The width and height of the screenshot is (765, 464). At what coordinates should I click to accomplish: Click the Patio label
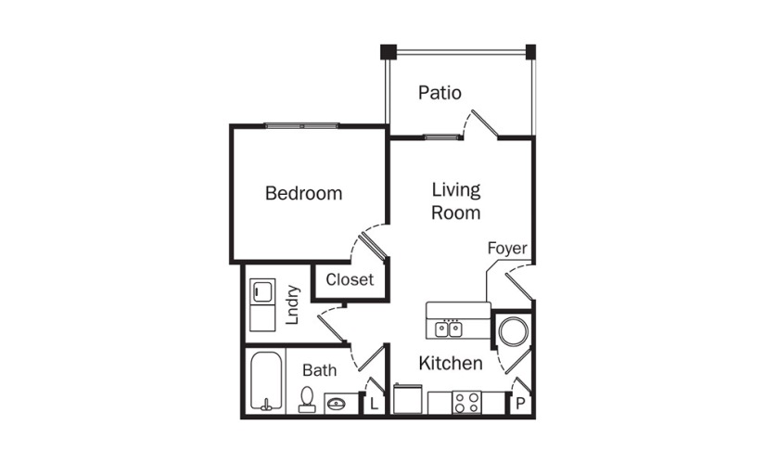pos(440,92)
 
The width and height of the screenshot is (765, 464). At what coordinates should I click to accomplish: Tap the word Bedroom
pos(303,193)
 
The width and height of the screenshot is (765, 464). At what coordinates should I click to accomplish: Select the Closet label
pos(350,279)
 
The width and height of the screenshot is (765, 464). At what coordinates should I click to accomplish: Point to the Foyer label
pos(507,248)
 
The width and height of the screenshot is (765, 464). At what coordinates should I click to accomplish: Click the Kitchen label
pos(451,363)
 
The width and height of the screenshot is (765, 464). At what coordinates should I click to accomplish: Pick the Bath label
pos(320,369)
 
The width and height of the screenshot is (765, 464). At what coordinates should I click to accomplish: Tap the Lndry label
pos(292,304)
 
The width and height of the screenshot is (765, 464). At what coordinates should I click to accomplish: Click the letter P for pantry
pos(520,404)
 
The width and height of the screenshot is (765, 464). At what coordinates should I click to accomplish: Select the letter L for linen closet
pos(374,404)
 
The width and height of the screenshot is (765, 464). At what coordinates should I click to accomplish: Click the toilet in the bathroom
pos(307,399)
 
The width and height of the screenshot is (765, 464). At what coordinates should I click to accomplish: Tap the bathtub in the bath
pos(266,381)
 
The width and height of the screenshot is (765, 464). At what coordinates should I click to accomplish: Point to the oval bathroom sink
pos(336,404)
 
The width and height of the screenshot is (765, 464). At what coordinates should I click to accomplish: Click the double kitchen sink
pos(449,329)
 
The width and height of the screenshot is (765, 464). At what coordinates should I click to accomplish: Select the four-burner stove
pos(466,403)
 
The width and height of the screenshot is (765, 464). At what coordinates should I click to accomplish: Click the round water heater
pos(514,331)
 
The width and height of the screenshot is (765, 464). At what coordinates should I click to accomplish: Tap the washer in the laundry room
pos(262,291)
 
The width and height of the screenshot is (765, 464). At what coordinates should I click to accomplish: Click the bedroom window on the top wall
pos(302,125)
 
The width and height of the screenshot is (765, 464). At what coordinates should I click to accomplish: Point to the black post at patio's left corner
pos(389,51)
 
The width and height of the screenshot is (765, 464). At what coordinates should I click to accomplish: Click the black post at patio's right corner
pos(530,51)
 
